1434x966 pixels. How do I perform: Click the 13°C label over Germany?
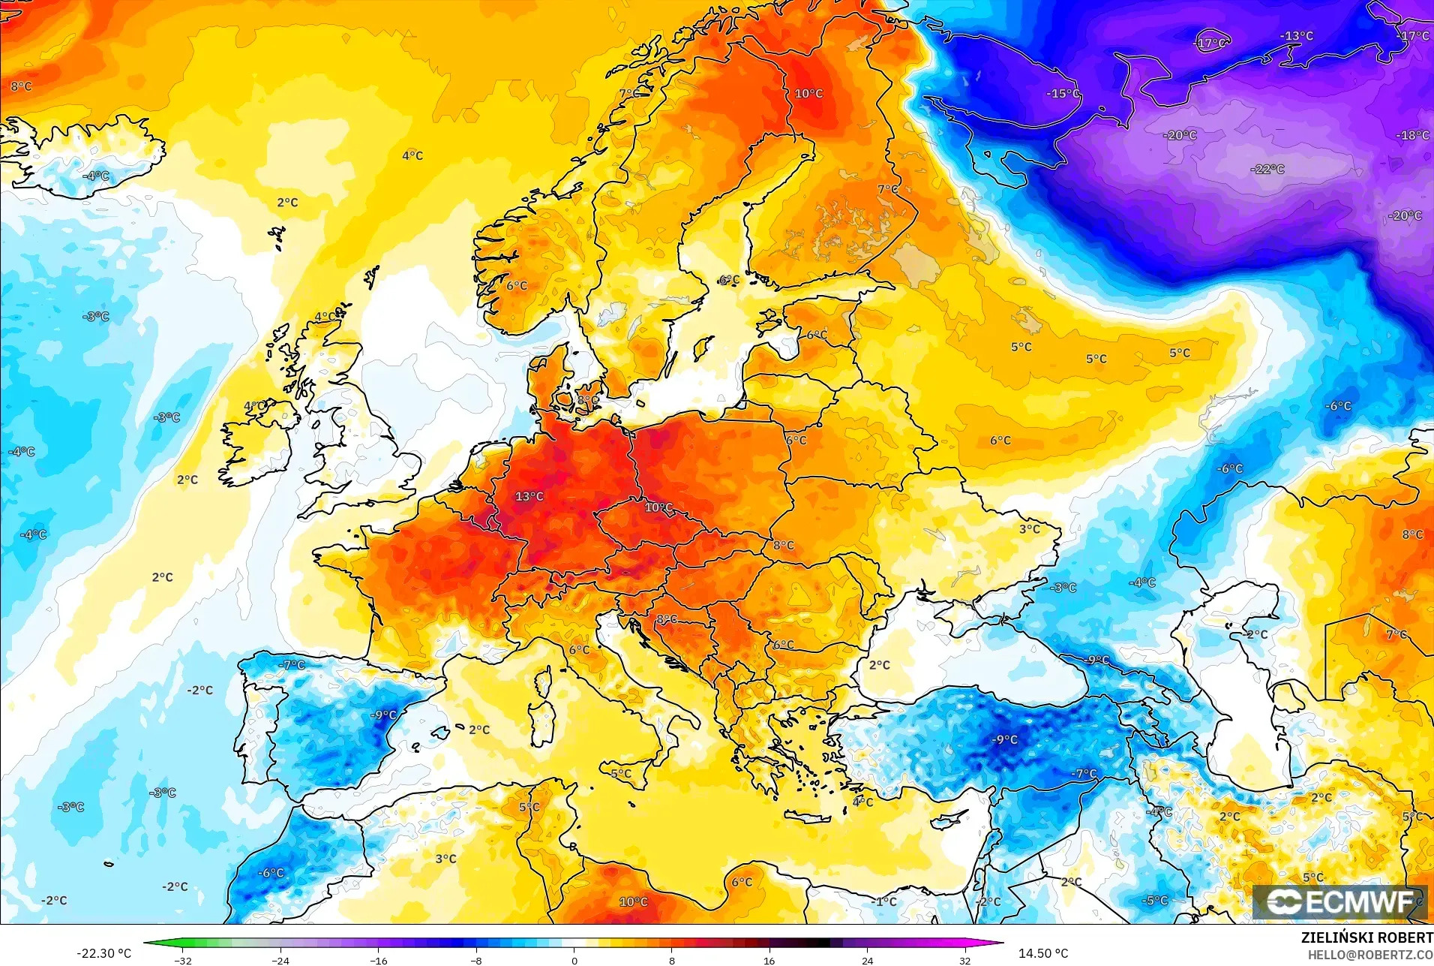click(529, 496)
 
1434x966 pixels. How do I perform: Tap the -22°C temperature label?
click(1267, 169)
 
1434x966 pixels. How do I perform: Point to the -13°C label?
click(1296, 36)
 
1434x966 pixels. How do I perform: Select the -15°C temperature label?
click(1063, 94)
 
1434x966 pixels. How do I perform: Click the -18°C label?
click(1412, 135)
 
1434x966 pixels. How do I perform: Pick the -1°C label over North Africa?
click(886, 901)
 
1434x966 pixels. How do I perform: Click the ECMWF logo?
click(1339, 901)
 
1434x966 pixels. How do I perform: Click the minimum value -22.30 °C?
click(103, 953)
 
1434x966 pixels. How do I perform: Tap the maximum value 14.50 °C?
click(1042, 953)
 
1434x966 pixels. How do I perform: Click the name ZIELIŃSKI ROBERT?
click(1366, 937)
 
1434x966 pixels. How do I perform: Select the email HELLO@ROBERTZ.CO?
click(1370, 955)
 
